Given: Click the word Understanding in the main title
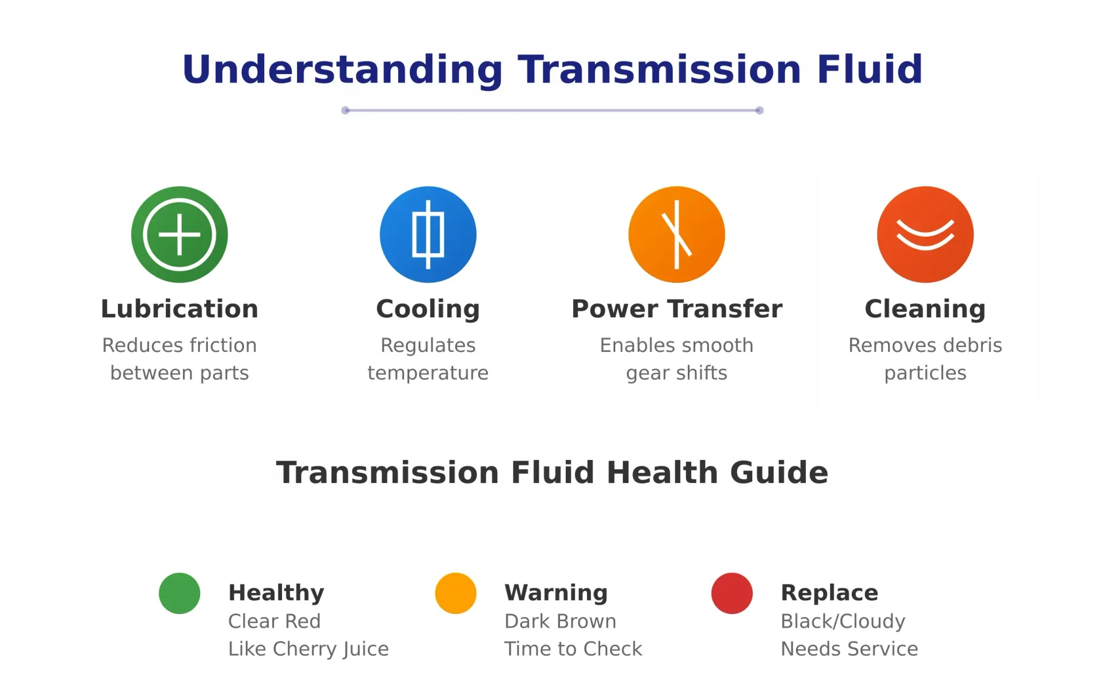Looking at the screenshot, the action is click(342, 70).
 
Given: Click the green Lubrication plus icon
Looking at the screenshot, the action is click(180, 235).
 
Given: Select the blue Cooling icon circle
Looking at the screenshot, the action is click(428, 235).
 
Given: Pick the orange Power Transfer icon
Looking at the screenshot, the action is click(677, 235).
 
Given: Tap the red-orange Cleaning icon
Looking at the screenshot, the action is click(925, 235).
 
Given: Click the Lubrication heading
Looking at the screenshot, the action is click(180, 309).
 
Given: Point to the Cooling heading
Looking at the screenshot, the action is click(428, 309).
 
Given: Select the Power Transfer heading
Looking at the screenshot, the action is click(677, 309).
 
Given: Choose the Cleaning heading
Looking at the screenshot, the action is click(925, 309).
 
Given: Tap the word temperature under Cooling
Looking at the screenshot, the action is click(428, 373).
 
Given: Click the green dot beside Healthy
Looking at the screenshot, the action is click(180, 593).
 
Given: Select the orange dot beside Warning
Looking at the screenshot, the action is click(456, 593).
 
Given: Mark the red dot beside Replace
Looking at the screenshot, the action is click(732, 593).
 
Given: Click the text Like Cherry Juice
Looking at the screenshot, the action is click(308, 649).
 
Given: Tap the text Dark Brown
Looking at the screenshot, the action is click(561, 621).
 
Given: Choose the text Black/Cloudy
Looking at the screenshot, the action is click(843, 622).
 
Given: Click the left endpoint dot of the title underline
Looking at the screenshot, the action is click(345, 110).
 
